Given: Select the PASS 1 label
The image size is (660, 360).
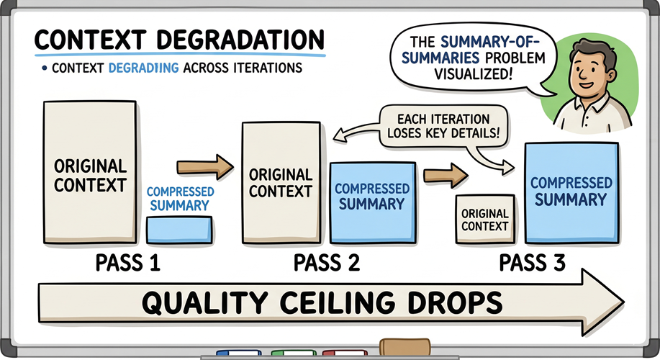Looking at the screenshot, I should coord(128,263).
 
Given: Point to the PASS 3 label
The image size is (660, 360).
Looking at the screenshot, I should coord(532,263).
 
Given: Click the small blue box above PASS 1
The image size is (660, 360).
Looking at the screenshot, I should coord(178,230).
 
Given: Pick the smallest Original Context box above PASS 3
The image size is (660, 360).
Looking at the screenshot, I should coord(484,219).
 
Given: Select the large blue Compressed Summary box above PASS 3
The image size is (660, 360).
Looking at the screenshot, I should coord(571,192).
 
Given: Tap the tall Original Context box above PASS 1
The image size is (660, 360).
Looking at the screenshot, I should coord(90,174).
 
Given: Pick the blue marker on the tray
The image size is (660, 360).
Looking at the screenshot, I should coord(237,354).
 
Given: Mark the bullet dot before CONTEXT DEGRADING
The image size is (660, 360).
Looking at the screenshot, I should coord(45,69).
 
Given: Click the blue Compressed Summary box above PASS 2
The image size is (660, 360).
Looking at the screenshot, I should coord(372,198).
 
